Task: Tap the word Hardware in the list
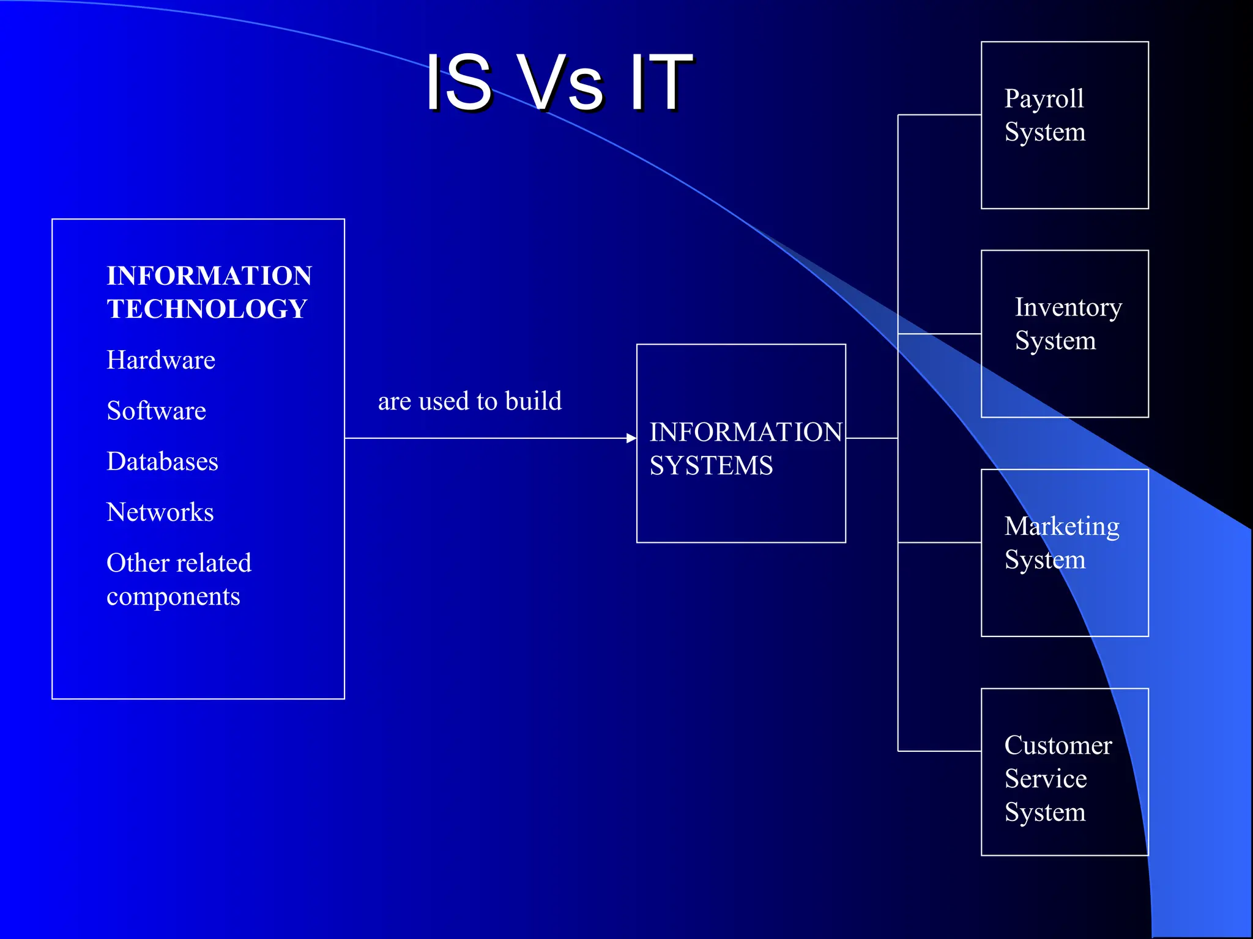[161, 360]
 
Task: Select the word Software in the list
[156, 411]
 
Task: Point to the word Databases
[162, 462]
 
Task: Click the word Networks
[160, 512]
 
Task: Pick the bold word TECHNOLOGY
[207, 309]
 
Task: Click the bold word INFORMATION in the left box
[209, 276]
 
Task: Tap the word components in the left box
[173, 597]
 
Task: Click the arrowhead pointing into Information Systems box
[631, 438]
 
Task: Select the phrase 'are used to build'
[469, 402]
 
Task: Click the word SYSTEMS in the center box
[711, 466]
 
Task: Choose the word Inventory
[1068, 307]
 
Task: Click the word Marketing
[1062, 527]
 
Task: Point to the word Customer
[1058, 746]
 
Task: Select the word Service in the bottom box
[1046, 779]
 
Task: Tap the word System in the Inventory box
[1055, 341]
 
